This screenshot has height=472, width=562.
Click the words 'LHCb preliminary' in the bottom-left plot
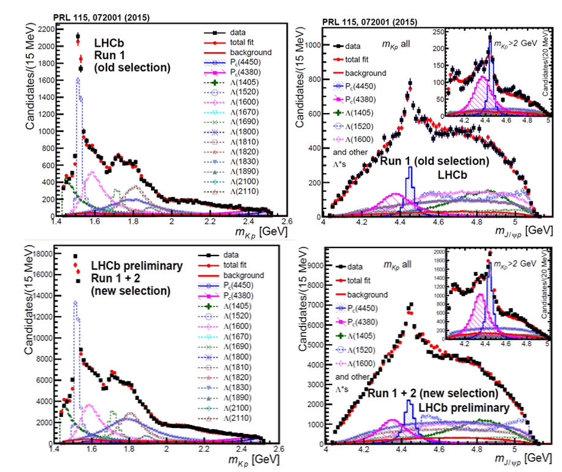click(x=137, y=266)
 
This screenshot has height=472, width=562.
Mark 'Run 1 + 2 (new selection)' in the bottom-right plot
click(x=433, y=393)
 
